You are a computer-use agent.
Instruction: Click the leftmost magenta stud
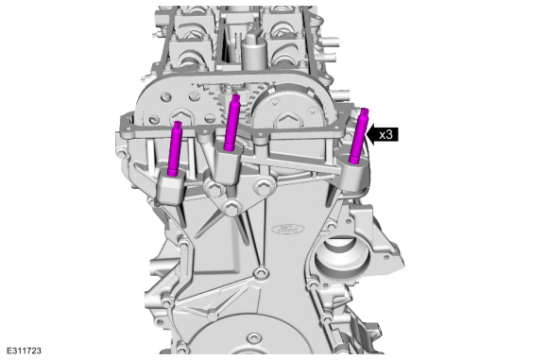tap(174, 148)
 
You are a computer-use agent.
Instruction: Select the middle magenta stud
tap(231, 122)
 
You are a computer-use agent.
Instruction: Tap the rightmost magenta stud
tap(359, 136)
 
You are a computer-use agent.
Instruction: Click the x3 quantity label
tap(385, 134)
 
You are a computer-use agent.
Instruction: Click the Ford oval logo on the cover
tap(287, 230)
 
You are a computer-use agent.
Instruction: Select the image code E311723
tap(24, 351)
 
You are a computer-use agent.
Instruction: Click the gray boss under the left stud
tap(171, 189)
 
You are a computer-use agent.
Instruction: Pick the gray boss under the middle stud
tap(228, 163)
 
